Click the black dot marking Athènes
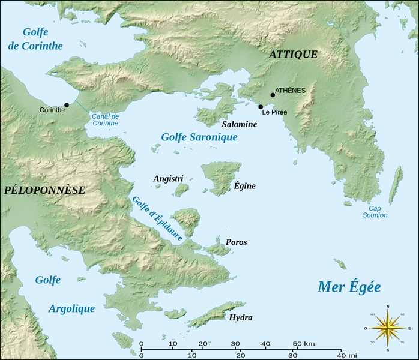tap(273, 95)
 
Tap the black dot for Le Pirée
tap(261, 107)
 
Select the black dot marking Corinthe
tap(67, 105)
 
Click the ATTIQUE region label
tap(293, 55)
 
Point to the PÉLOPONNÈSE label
tap(44, 190)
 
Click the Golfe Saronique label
tap(199, 137)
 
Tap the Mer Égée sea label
tap(349, 287)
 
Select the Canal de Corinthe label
tap(105, 119)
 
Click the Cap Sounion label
tap(374, 211)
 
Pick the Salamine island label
tap(239, 124)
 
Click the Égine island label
tap(244, 186)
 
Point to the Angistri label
tap(168, 179)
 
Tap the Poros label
tap(236, 242)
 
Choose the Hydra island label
tap(240, 317)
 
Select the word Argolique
tap(71, 308)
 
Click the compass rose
tap(387, 328)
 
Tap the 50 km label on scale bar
tap(304, 343)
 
